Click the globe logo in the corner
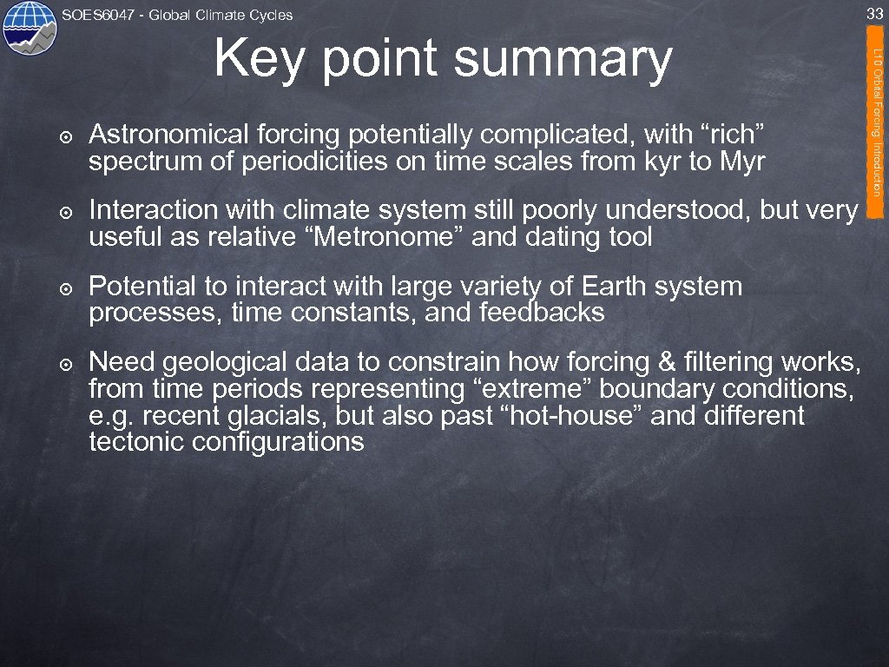coord(29,28)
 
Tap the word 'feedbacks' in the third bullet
coord(542,312)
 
